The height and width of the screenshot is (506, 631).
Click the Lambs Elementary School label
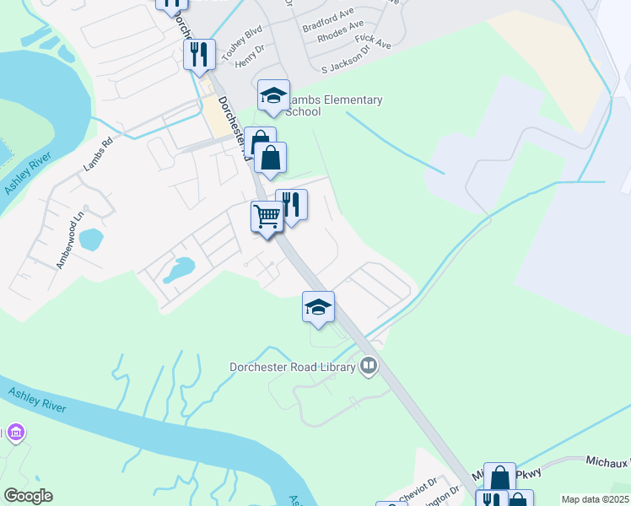pyautogui.click(x=334, y=105)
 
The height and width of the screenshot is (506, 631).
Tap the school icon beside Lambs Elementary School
pyautogui.click(x=273, y=96)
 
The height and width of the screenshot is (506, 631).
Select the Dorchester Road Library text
pyautogui.click(x=294, y=367)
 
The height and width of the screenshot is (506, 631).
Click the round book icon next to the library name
pyautogui.click(x=368, y=366)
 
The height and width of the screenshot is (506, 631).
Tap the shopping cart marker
pyautogui.click(x=267, y=217)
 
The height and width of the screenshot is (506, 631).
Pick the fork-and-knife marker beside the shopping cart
pyautogui.click(x=292, y=205)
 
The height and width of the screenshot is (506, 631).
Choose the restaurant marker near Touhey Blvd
pyautogui.click(x=199, y=55)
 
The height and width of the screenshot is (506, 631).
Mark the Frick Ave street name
pyautogui.click(x=374, y=40)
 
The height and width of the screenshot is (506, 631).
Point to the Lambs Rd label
pyautogui.click(x=98, y=156)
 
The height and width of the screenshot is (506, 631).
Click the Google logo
pyautogui.click(x=28, y=496)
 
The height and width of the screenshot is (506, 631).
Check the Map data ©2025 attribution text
pyautogui.click(x=596, y=499)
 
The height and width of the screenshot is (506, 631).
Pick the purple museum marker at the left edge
pyautogui.click(x=14, y=433)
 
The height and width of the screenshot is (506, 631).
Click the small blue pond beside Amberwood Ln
pyautogui.click(x=91, y=240)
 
